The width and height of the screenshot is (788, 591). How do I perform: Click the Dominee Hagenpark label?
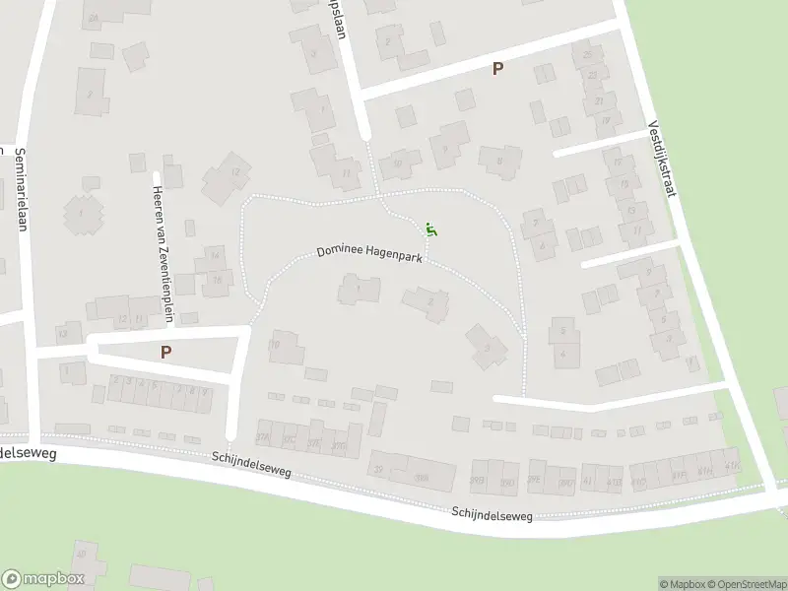tap(368, 253)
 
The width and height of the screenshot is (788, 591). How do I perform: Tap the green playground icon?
tap(429, 230)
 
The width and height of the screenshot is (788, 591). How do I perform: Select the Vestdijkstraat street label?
tap(661, 158)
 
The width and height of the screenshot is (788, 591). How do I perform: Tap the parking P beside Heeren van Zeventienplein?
tap(165, 352)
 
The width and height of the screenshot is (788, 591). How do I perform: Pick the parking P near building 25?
tap(497, 69)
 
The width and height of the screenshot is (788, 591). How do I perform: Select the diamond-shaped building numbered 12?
tap(228, 177)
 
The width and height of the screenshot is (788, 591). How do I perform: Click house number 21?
tap(599, 100)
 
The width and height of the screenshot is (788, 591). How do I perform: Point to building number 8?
tap(500, 161)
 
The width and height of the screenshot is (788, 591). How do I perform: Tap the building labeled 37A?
tap(263, 438)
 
